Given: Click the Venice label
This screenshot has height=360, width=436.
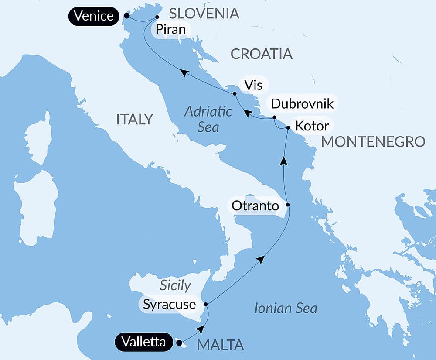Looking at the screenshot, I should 94,16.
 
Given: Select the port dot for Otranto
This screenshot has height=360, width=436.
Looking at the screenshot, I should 287,205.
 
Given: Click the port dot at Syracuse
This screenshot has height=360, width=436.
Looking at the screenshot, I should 206,304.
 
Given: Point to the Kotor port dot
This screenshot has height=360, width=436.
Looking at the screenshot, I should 288,127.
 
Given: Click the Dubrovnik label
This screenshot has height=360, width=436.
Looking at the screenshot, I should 302,103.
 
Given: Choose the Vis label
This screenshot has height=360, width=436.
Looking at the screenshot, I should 253,85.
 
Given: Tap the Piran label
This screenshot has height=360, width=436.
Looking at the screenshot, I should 168,30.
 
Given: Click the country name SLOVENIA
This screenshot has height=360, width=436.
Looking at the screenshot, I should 204,13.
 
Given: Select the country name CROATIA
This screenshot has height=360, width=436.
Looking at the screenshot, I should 261,54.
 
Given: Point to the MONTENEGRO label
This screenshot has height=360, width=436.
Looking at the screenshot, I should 373,141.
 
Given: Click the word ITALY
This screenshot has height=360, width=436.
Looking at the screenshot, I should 134,119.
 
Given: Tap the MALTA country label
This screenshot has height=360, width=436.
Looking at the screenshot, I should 220,345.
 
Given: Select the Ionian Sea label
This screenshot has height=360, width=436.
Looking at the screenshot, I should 286,309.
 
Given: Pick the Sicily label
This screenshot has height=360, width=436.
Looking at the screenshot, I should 175,285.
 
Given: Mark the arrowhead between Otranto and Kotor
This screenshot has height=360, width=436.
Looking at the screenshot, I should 284,161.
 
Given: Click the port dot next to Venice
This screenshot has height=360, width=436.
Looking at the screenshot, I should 126,15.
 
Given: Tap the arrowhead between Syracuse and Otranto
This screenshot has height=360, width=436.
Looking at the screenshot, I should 260,259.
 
